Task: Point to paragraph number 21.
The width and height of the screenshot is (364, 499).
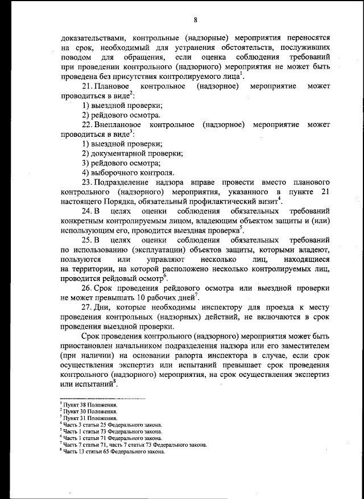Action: [x=88, y=86]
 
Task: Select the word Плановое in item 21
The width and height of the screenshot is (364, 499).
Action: [x=115, y=86]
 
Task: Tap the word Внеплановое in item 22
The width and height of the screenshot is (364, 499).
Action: [x=119, y=124]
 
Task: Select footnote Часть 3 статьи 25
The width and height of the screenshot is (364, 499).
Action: [x=112, y=424]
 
